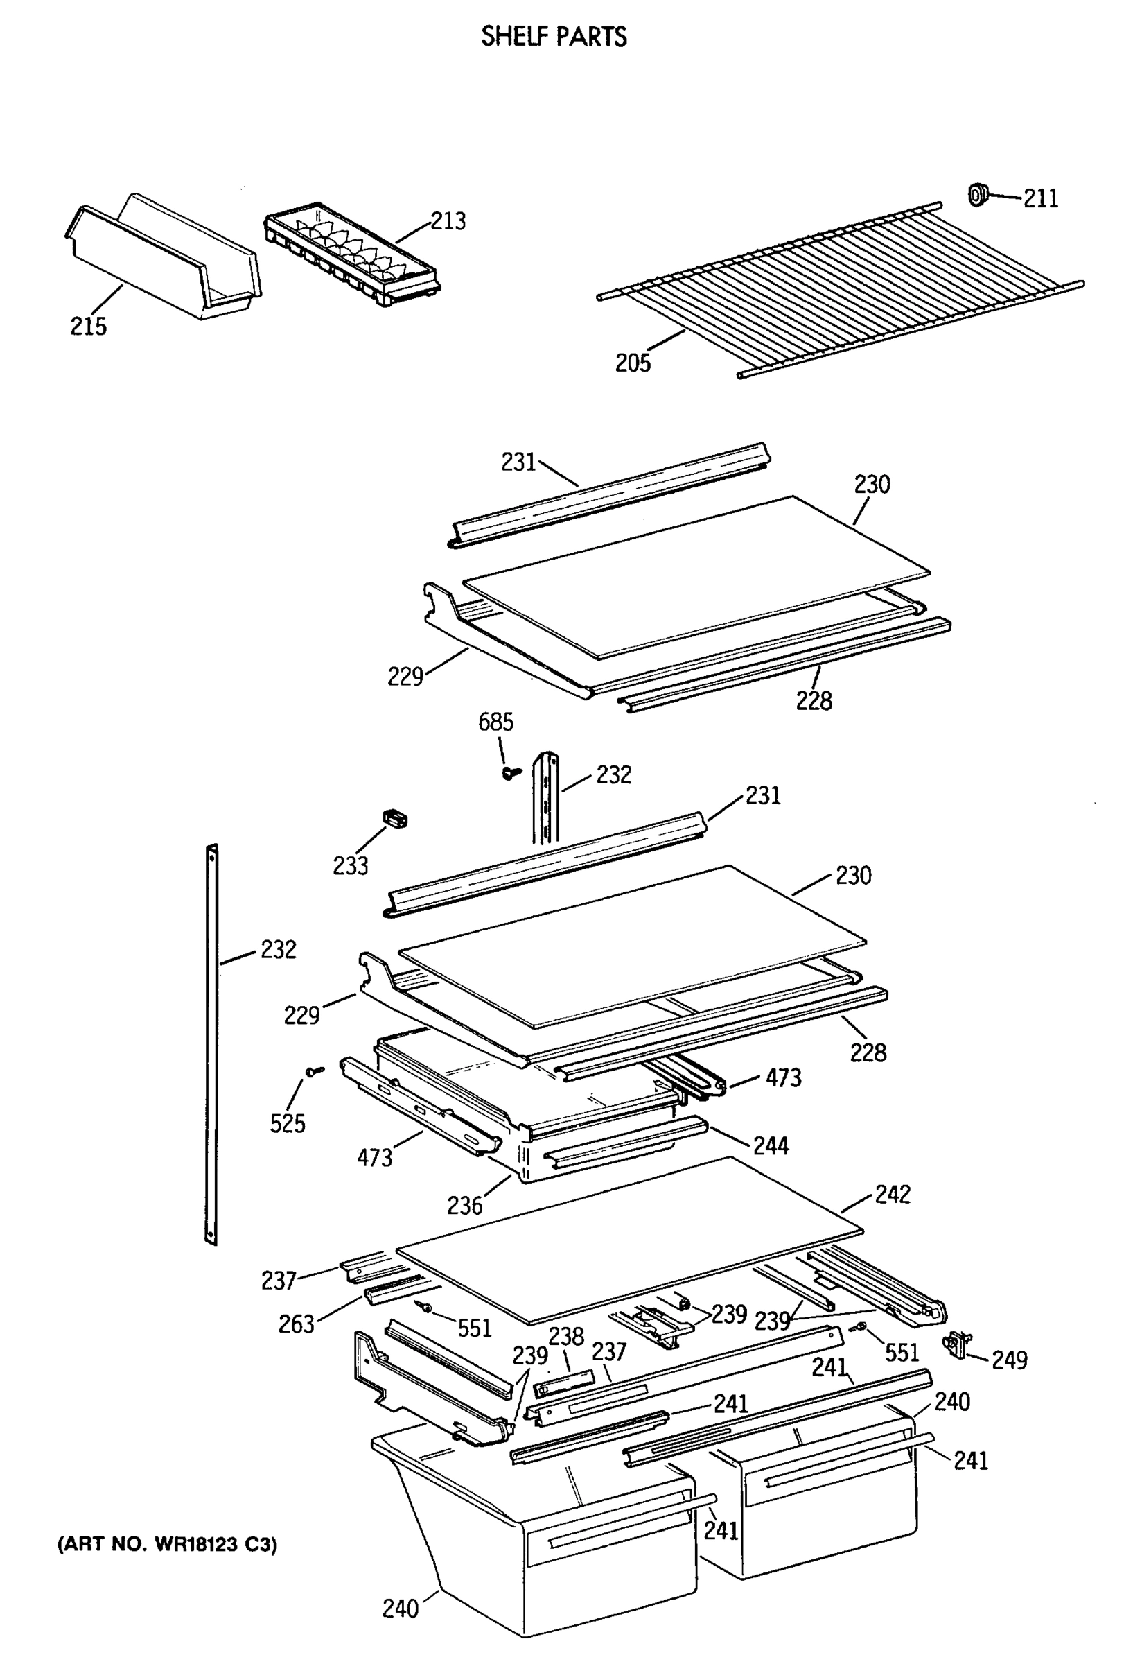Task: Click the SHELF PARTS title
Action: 554,37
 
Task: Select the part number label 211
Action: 1040,198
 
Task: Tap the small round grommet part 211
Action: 978,194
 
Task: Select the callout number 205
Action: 633,363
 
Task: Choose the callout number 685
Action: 496,722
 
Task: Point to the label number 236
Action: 465,1206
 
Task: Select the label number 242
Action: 893,1195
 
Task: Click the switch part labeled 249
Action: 957,1344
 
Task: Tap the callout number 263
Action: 296,1324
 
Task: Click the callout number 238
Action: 567,1336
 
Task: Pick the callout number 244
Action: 771,1145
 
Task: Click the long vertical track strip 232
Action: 211,1046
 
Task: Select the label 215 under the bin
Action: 89,327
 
